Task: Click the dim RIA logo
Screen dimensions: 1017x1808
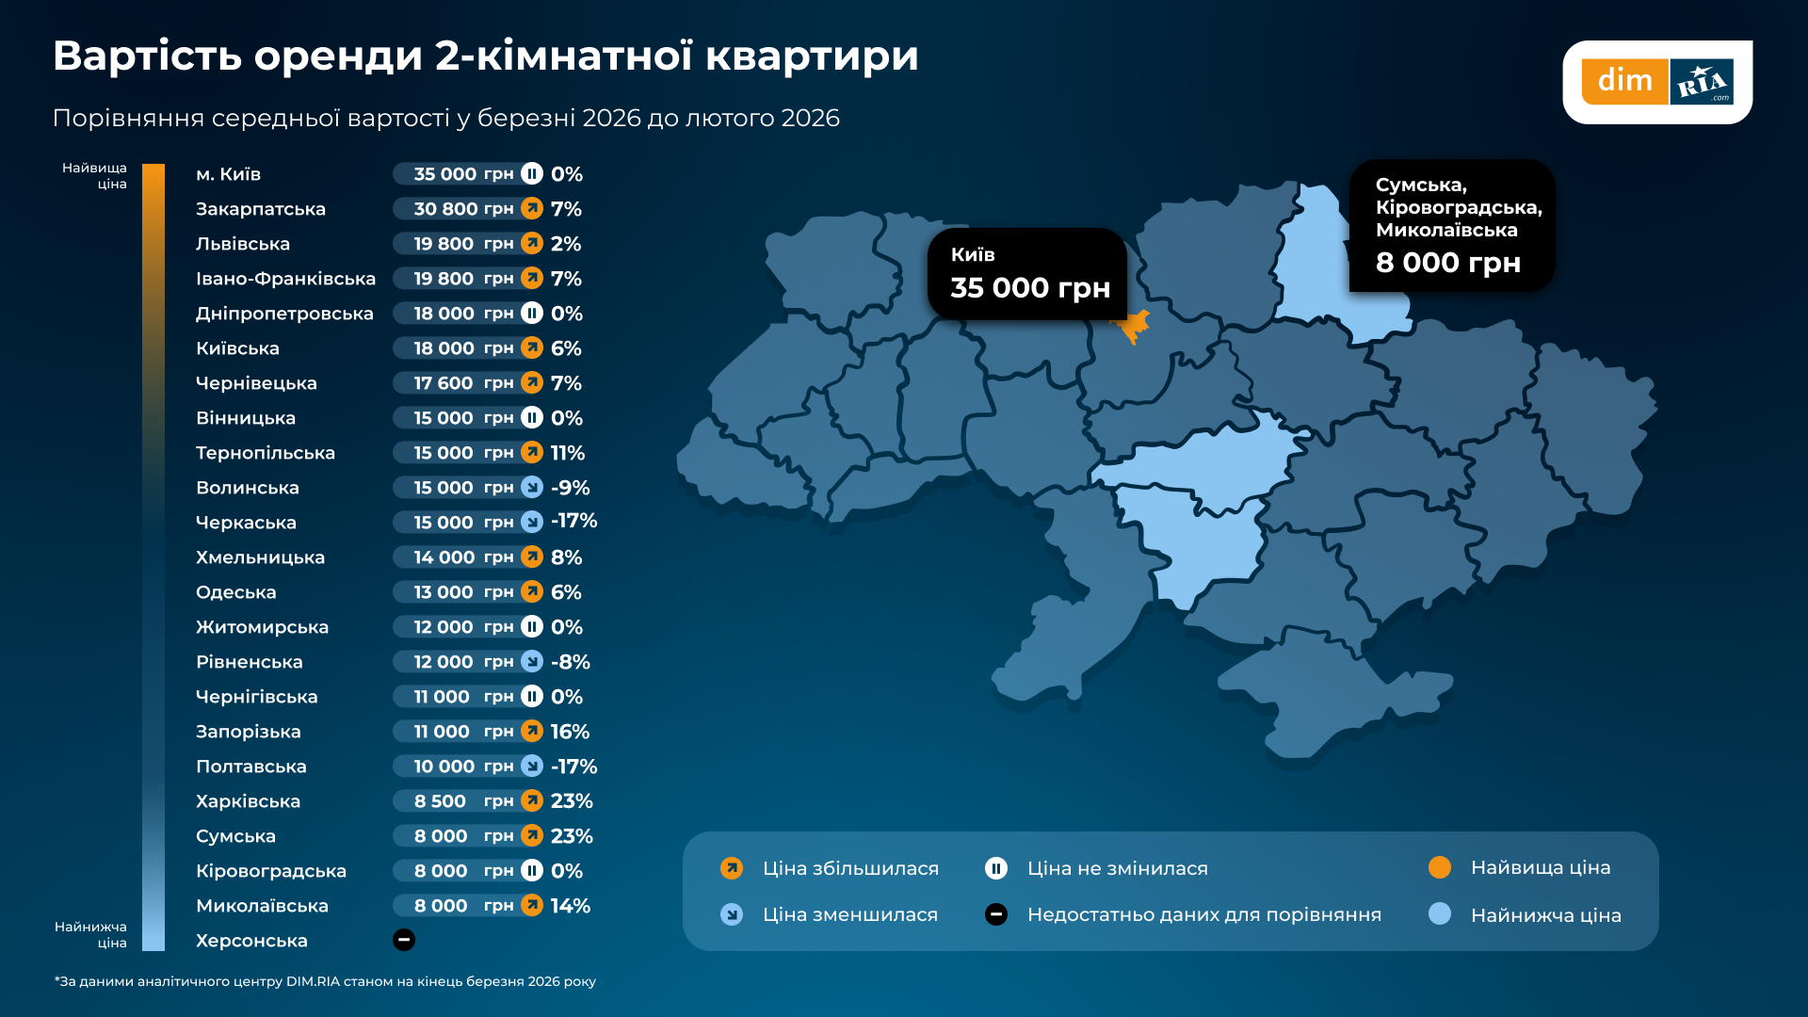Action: click(1656, 82)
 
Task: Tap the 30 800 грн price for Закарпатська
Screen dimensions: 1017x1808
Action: click(462, 209)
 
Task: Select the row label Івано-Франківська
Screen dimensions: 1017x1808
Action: click(285, 279)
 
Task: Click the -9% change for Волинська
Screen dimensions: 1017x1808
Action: click(571, 488)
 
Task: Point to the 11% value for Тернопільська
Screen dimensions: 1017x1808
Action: click(568, 453)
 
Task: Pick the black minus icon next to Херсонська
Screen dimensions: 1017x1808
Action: click(404, 940)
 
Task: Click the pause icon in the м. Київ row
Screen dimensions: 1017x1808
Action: click(532, 174)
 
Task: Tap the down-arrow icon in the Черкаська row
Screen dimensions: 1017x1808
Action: click(532, 522)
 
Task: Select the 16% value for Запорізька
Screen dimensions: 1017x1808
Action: click(570, 732)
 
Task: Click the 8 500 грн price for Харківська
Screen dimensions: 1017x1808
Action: click(462, 801)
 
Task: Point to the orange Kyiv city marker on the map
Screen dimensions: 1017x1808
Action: click(1134, 327)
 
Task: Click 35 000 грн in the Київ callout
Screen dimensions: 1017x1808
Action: click(1030, 288)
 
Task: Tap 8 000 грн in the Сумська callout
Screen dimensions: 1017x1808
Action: click(1447, 263)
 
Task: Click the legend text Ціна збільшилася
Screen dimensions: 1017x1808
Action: click(850, 868)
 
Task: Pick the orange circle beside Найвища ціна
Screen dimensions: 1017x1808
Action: click(1440, 867)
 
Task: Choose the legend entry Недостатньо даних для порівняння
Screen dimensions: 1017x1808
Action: click(1203, 914)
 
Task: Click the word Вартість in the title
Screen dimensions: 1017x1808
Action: click(147, 56)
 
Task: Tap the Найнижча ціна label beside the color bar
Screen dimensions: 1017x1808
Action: click(90, 934)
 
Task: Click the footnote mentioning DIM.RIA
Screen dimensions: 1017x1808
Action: click(325, 981)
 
